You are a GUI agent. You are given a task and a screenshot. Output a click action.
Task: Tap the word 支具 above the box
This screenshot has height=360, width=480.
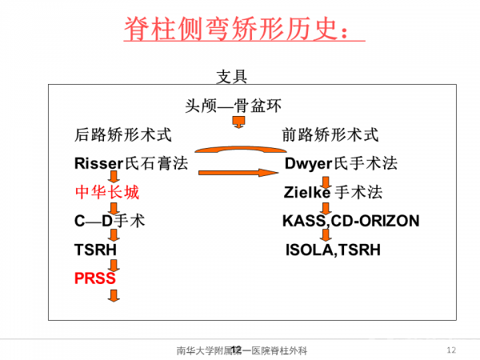(233, 78)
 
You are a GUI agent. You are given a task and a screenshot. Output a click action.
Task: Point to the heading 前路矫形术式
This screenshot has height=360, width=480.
(330, 134)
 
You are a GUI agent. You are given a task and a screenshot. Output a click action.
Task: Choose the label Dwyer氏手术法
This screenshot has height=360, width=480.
(341, 164)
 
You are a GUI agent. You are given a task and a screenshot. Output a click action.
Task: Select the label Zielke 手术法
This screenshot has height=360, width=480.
(333, 192)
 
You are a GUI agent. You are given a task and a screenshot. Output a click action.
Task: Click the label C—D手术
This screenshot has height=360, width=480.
(109, 221)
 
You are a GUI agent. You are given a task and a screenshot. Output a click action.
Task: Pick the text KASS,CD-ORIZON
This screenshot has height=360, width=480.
(350, 221)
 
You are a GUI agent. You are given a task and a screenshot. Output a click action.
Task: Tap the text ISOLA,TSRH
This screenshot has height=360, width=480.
(334, 250)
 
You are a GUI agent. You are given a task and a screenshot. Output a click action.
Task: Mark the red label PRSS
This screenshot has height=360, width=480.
(94, 278)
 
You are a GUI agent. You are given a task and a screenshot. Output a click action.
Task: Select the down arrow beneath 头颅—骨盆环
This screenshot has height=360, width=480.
(238, 122)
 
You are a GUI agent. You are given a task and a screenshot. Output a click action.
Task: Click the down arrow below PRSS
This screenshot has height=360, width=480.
(114, 295)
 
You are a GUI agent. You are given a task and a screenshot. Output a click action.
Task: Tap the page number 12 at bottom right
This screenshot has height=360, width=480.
(450, 350)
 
